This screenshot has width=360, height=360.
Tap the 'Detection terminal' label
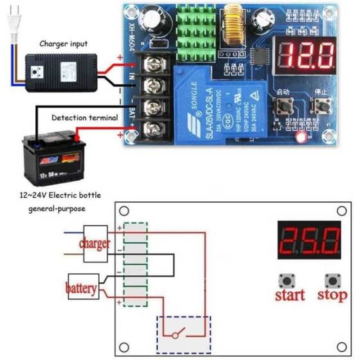[x=76, y=118]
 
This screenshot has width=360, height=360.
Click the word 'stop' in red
[x=332, y=296]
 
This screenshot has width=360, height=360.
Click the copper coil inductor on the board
[x=232, y=28]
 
